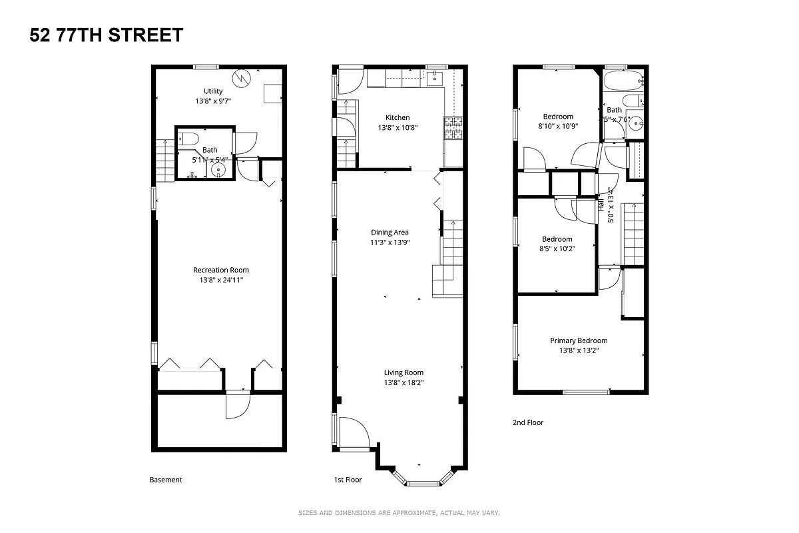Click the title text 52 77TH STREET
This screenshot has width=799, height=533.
(107, 35)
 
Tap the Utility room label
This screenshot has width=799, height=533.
(213, 91)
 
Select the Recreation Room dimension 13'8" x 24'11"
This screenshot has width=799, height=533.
(221, 280)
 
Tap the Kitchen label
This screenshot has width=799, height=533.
(398, 117)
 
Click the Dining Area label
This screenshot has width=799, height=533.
(390, 233)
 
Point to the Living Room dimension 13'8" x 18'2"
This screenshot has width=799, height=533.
(403, 382)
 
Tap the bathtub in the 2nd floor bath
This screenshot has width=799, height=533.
(623, 81)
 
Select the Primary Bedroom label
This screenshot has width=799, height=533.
(578, 340)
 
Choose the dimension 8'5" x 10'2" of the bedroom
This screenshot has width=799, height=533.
(557, 249)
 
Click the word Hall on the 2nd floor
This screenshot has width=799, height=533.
(601, 205)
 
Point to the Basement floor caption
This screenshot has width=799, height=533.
(165, 480)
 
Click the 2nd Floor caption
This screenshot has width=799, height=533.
(527, 422)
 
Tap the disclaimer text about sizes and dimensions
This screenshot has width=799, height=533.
(398, 513)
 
